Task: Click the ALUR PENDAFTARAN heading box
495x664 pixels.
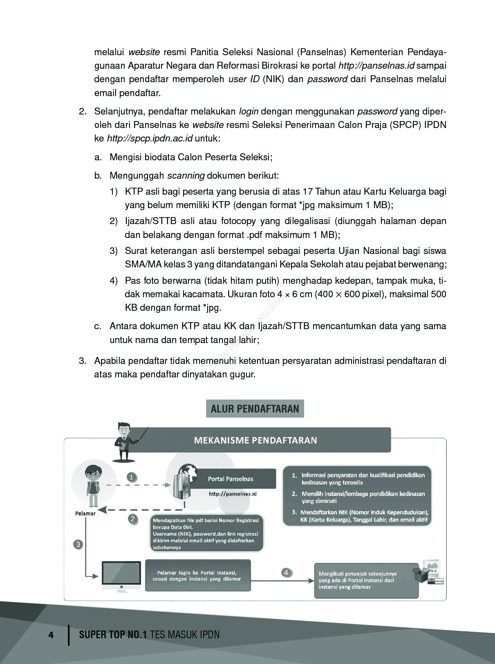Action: point(255,408)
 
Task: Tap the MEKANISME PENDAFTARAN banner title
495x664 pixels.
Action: point(255,440)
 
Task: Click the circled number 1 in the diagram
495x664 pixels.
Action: point(131,477)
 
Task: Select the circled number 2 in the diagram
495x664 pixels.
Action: point(132,519)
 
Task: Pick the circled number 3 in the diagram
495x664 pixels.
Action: point(78,544)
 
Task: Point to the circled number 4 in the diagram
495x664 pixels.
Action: point(286,572)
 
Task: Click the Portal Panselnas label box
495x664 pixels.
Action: point(231,479)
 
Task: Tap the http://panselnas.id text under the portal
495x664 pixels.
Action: point(232,494)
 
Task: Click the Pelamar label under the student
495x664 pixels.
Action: point(85,514)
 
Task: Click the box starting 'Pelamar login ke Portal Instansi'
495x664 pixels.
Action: point(197,576)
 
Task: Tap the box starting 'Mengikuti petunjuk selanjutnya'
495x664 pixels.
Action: point(365,580)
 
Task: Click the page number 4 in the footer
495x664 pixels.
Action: point(51,635)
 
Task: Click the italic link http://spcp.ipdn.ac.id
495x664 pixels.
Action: point(150,139)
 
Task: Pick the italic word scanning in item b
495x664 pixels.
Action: point(186,176)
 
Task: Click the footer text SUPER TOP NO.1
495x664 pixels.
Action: point(112,635)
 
